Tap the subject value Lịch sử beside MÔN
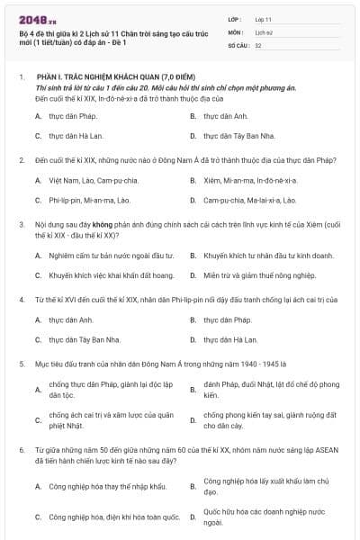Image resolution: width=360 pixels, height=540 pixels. pos(263,31)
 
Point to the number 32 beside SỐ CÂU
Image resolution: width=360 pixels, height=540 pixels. pos(258,44)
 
